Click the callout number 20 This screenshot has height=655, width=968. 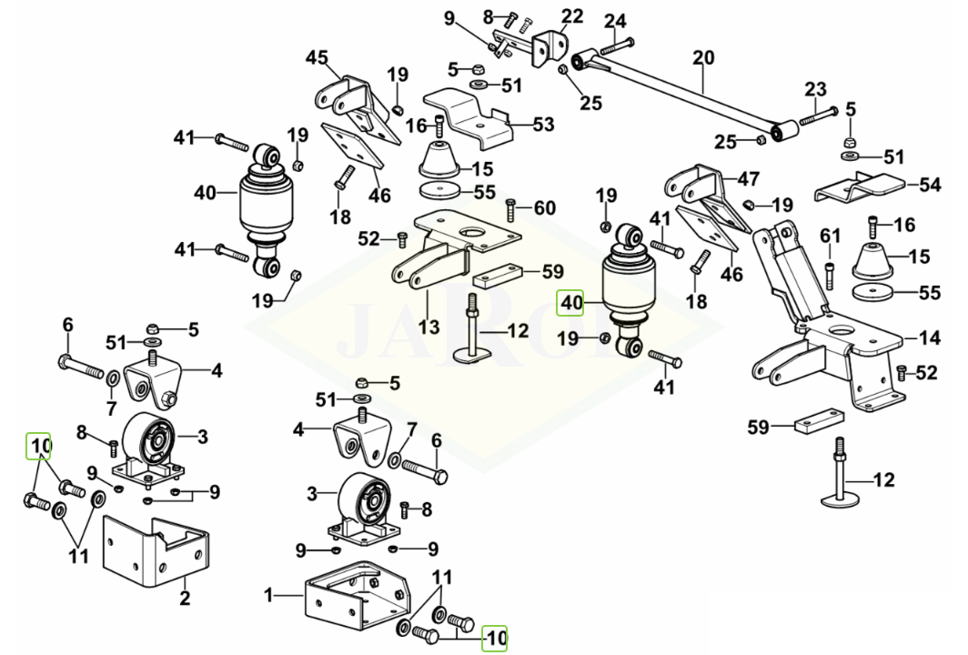click(703, 56)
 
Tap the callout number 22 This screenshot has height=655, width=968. click(572, 15)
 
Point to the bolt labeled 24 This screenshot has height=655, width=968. click(616, 43)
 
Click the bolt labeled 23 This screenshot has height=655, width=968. click(818, 116)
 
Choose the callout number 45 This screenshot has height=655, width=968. click(316, 59)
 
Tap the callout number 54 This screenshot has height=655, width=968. click(929, 186)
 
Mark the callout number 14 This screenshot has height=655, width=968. click(929, 338)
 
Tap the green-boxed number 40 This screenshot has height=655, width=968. click(571, 301)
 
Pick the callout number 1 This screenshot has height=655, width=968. click(268, 596)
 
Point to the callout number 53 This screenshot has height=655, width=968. click(543, 125)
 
